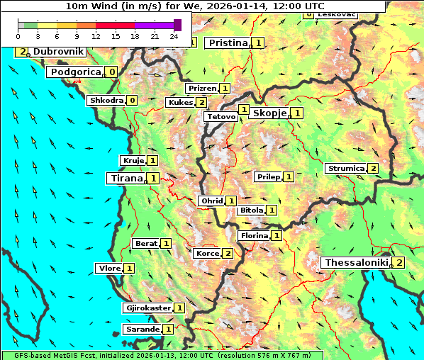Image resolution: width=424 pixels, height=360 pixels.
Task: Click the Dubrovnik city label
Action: click(x=58, y=52)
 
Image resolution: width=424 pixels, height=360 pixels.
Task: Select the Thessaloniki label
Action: click(x=357, y=263)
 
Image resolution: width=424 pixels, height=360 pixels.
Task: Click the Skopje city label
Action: click(x=269, y=113)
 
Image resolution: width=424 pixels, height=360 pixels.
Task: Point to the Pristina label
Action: click(x=228, y=43)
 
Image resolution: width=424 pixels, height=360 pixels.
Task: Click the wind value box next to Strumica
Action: click(x=373, y=169)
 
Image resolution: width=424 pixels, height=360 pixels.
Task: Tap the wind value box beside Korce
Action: click(x=228, y=254)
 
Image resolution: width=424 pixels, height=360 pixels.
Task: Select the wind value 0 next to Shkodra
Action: click(x=132, y=101)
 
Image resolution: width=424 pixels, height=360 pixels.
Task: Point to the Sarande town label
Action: click(x=143, y=330)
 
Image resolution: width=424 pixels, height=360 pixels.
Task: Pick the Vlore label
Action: click(x=109, y=269)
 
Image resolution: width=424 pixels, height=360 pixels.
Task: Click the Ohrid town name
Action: click(x=212, y=201)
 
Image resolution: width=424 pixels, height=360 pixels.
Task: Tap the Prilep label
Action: click(x=269, y=176)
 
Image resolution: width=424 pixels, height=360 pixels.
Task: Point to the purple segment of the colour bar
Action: click(x=154, y=25)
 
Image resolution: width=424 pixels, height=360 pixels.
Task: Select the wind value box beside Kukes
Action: click(x=202, y=103)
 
